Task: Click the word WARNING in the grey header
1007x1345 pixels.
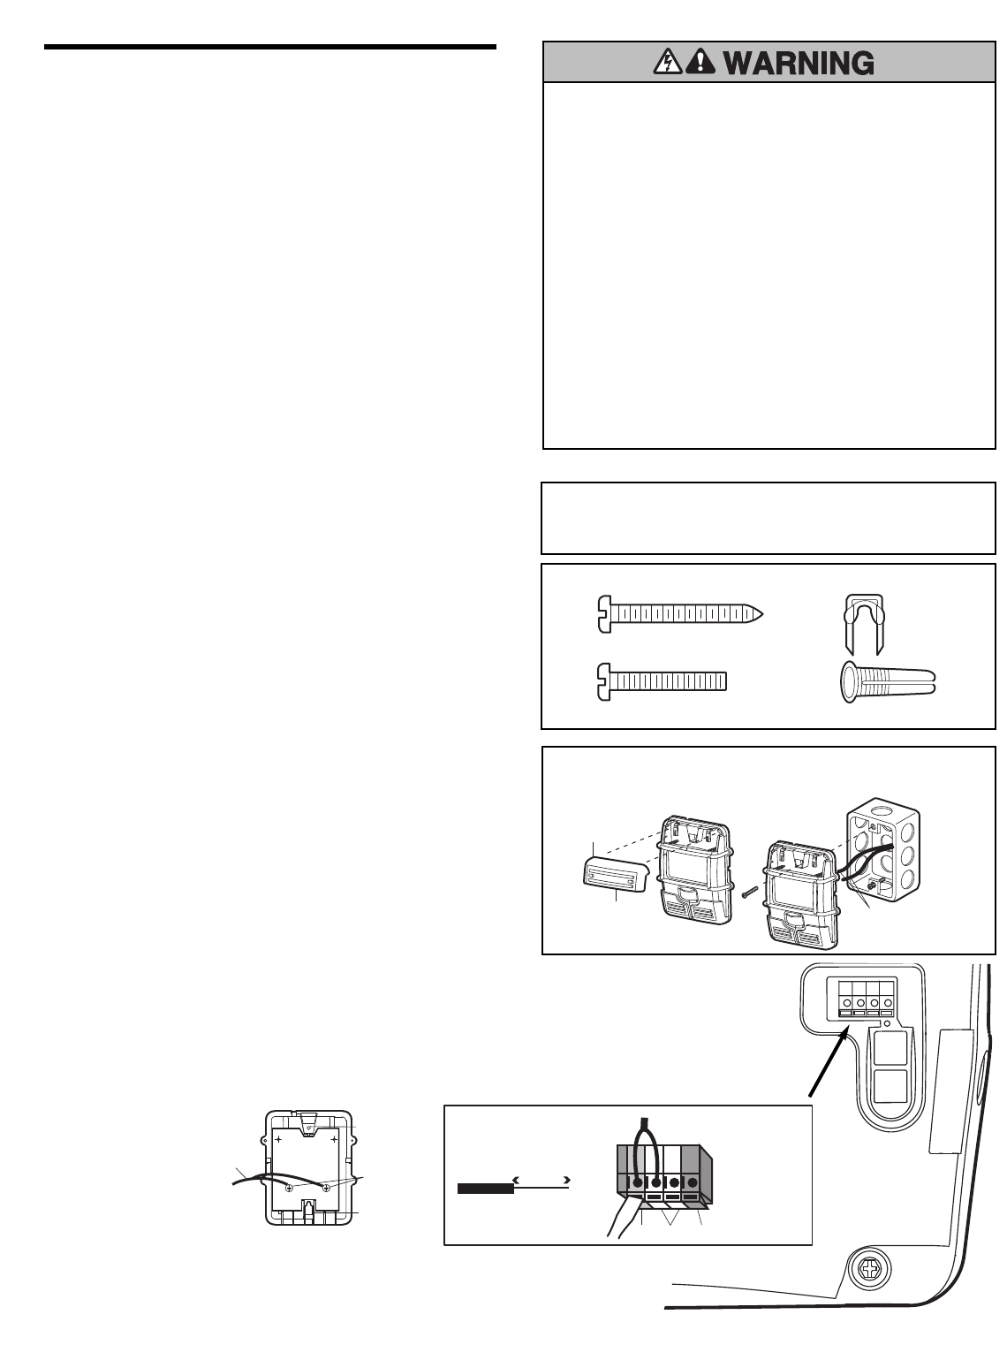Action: tap(799, 63)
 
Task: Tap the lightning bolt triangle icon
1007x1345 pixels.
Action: tap(668, 63)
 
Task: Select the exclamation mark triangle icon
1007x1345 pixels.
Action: tap(700, 63)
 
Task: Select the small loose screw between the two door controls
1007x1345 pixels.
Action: tap(749, 893)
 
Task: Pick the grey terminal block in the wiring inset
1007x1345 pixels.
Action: tap(663, 1175)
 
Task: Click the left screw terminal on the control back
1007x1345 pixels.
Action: tap(288, 1188)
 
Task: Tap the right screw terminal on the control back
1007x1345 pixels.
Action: tap(327, 1188)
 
